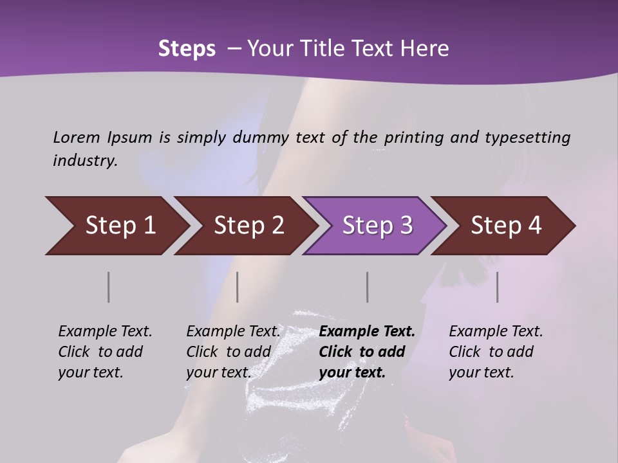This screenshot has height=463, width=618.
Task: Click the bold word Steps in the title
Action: [187, 49]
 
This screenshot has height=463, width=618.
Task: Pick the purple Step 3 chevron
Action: [377, 226]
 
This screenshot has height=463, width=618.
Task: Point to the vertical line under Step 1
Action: [109, 287]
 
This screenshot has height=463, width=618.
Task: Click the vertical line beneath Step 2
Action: [238, 287]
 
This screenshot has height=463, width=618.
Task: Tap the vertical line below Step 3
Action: [368, 287]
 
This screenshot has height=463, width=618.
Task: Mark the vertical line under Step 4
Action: [498, 287]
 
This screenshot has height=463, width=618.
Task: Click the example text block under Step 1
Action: [105, 352]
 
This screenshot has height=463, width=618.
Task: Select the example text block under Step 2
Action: [233, 352]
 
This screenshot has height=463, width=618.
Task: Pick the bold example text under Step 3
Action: [367, 352]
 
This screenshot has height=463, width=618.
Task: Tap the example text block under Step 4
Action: [496, 352]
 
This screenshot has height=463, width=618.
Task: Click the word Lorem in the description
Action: [77, 137]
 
